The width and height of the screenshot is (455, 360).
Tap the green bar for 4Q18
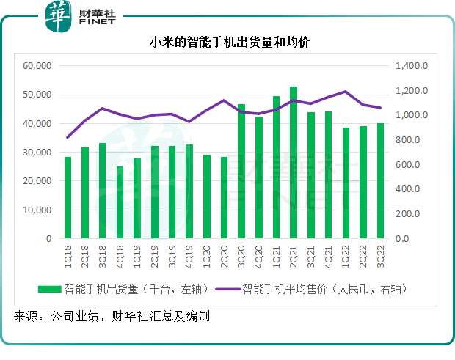click(120, 202)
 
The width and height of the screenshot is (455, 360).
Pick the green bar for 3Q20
click(241, 172)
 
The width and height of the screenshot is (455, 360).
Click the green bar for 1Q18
click(68, 198)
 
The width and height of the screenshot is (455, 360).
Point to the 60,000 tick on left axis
click(36, 66)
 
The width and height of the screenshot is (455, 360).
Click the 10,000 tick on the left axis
click(36, 210)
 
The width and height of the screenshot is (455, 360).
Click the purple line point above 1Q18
click(68, 137)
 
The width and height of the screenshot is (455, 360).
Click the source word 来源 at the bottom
click(27, 317)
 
